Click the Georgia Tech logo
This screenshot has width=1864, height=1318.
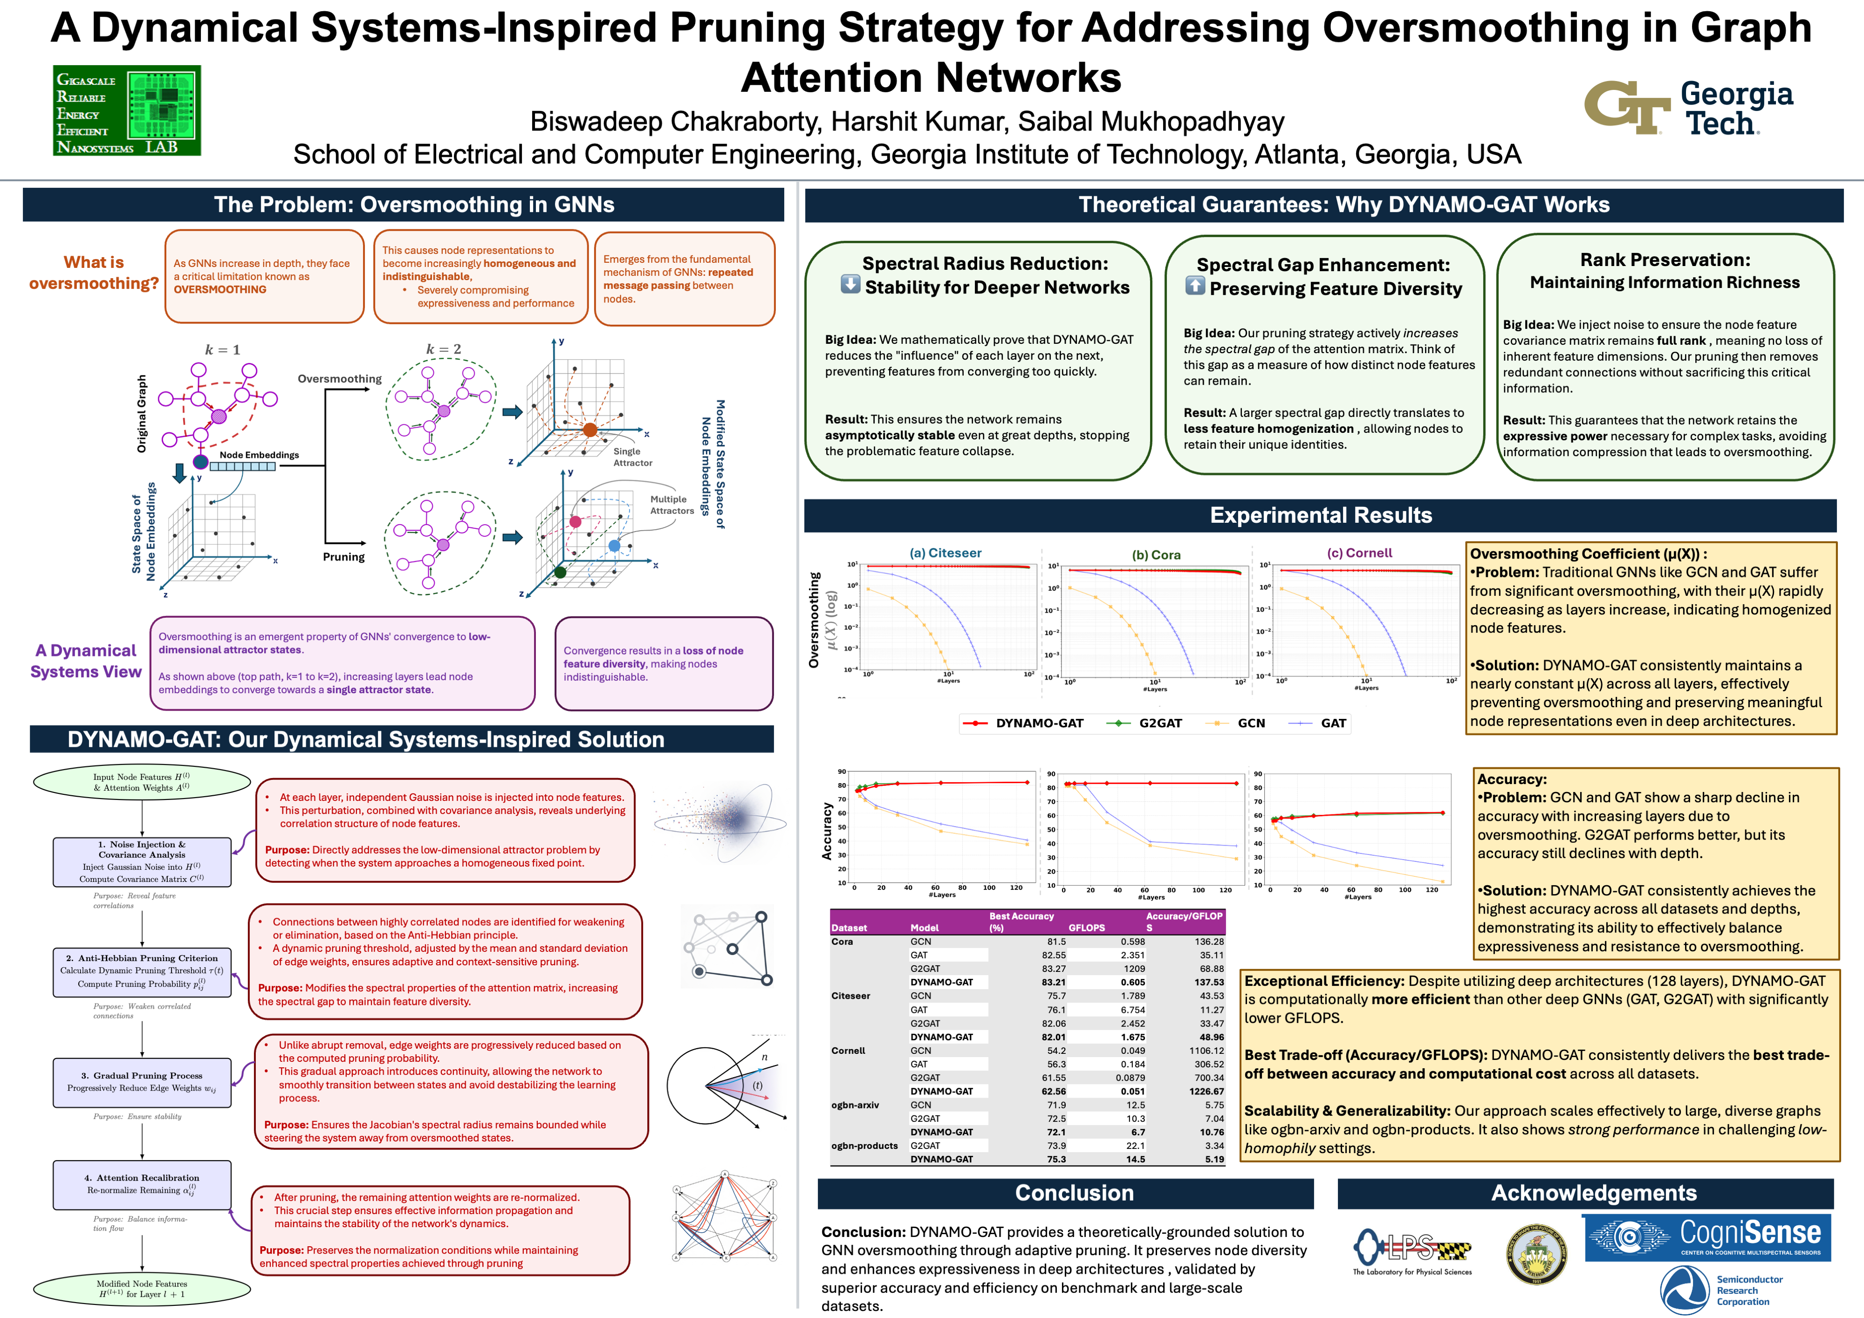pos(1689,108)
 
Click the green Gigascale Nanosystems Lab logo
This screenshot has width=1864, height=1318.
pos(127,110)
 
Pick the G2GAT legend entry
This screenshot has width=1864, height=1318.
pos(1144,723)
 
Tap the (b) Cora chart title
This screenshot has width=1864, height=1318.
pos(1156,555)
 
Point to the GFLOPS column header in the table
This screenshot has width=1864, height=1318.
pos(1086,928)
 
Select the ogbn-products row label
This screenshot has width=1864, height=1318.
pos(864,1146)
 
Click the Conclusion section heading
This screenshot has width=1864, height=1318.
pos(1074,1193)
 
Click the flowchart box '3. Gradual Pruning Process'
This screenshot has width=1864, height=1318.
pos(142,1082)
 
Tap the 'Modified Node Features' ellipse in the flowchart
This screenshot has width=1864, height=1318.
pos(142,1289)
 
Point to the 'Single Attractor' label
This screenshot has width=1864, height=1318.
pos(631,457)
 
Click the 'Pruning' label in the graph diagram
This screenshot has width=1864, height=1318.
pos(343,557)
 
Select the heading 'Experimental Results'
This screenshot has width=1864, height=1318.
pos(1321,515)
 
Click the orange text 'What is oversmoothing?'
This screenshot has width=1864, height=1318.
pos(94,273)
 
